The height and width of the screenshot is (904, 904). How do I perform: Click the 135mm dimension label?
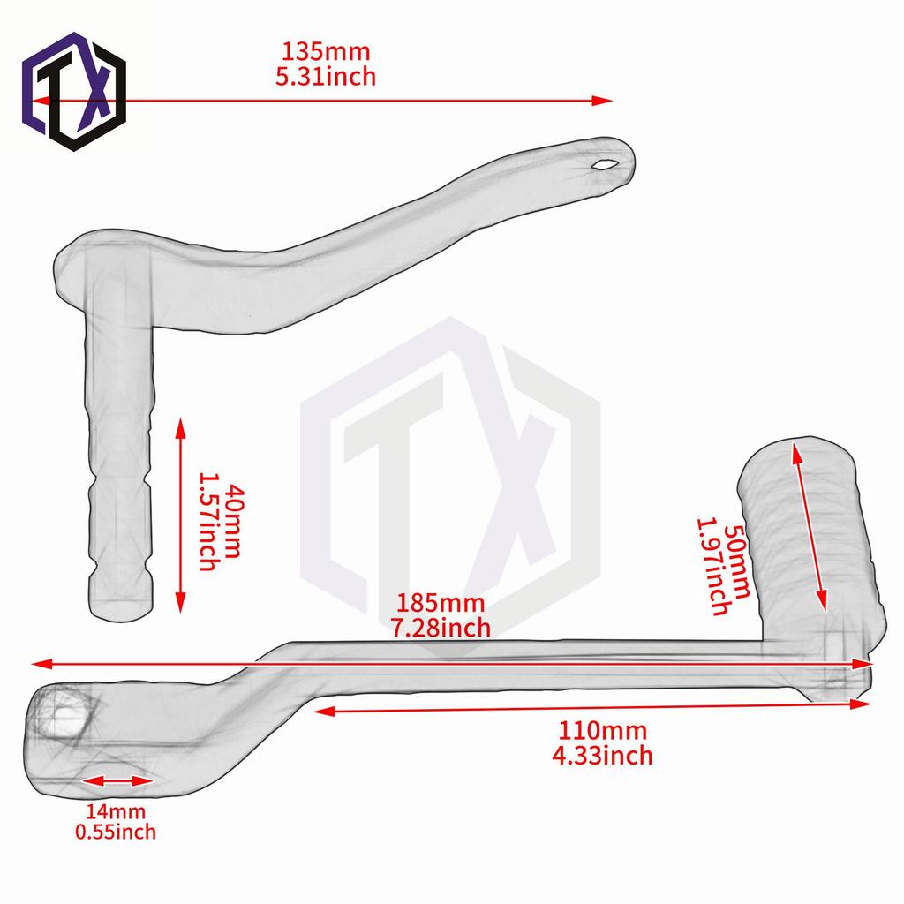(326, 52)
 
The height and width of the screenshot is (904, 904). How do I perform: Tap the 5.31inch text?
(326, 77)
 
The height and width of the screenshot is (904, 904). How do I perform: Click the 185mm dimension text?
(441, 604)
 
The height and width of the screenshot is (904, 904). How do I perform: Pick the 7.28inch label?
(441, 628)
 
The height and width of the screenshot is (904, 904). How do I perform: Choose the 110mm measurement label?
(602, 731)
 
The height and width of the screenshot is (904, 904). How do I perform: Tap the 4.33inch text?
(602, 755)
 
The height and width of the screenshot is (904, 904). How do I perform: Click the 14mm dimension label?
(116, 811)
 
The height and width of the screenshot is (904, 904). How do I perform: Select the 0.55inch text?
(116, 832)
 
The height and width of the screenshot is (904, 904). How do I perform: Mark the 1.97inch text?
(713, 565)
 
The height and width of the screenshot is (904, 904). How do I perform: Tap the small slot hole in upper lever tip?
(606, 163)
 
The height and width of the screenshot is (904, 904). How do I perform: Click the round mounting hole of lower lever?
(64, 712)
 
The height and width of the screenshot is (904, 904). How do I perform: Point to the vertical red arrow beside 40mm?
(181, 516)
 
